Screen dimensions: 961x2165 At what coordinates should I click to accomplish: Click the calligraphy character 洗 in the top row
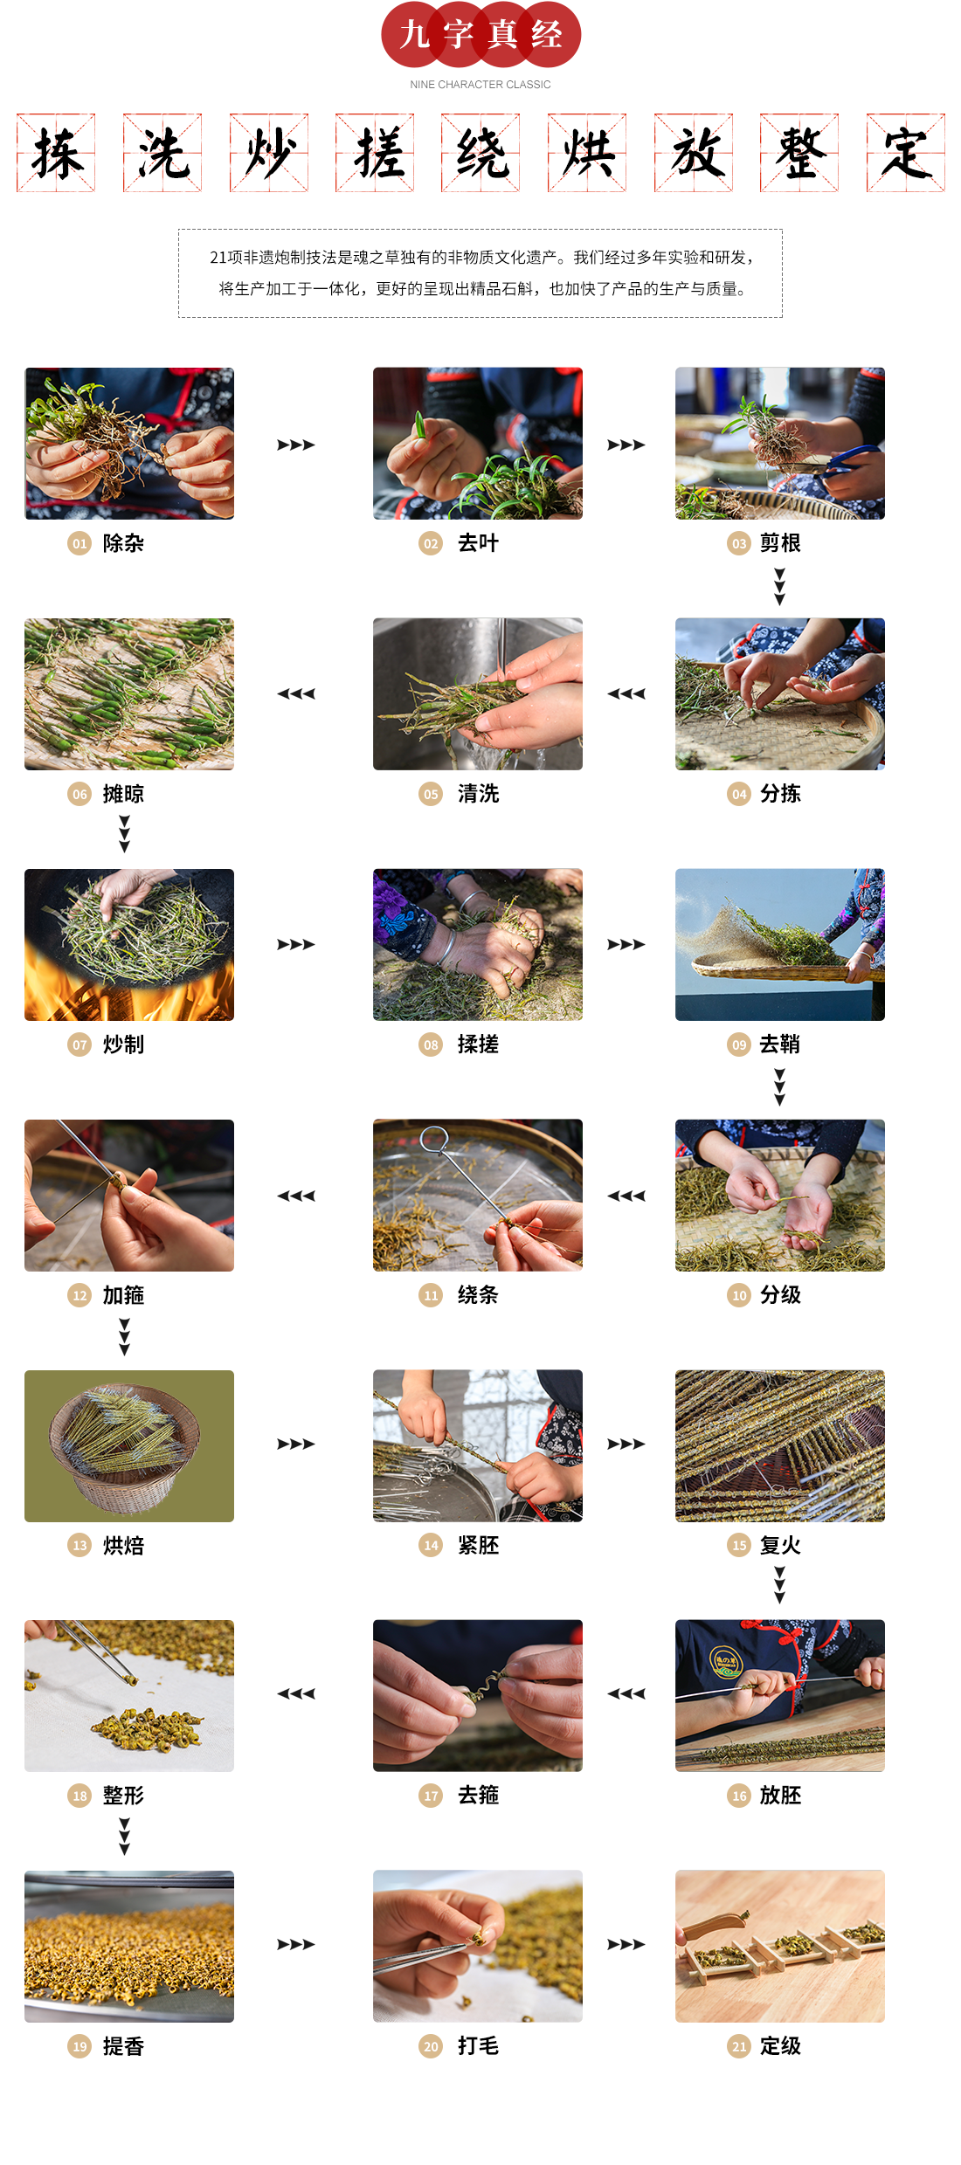162,153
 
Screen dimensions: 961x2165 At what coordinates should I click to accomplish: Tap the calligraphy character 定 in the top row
905,153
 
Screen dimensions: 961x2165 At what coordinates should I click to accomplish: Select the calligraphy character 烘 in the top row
587,153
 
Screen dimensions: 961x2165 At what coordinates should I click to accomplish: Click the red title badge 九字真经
480,35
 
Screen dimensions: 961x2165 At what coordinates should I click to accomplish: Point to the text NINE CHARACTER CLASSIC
480,85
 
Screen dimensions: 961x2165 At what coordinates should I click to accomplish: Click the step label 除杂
123,543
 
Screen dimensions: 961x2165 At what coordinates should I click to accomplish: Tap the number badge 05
431,794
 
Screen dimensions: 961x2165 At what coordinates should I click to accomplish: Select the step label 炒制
123,1045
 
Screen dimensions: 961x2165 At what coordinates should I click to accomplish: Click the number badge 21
739,2046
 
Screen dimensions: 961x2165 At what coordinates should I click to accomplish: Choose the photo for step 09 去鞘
780,944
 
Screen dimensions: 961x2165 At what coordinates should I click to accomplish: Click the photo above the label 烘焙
129,1445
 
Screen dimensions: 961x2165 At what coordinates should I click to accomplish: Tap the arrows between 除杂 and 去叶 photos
296,445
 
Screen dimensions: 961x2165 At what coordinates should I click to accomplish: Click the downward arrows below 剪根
780,586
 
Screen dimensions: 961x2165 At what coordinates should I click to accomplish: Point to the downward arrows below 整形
125,1836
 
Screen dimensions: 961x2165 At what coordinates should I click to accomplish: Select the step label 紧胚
478,1546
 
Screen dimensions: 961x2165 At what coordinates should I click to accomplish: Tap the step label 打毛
478,2046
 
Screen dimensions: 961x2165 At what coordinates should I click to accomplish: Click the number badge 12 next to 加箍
80,1295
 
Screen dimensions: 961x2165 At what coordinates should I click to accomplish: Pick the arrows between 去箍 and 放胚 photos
626,1693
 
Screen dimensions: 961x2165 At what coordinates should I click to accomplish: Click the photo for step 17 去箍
478,1695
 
